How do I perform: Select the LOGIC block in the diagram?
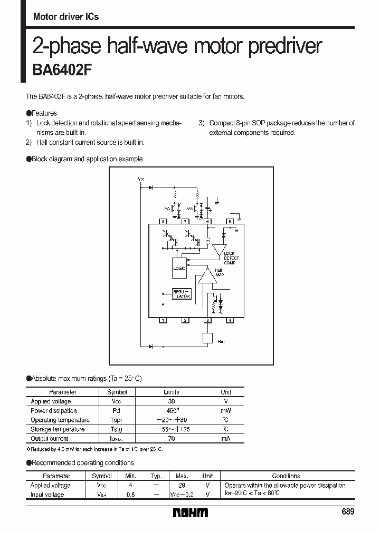179,268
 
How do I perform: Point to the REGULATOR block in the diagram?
181,293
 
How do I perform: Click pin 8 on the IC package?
163,221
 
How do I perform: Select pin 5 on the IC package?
230,221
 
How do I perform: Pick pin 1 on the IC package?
163,320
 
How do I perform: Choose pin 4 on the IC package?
230,320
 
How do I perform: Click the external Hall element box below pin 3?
207,338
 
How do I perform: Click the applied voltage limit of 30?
172,401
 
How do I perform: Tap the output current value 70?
172,438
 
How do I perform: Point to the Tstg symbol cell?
117,429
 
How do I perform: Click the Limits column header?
172,392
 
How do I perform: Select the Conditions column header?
286,476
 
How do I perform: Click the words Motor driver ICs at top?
66,17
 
